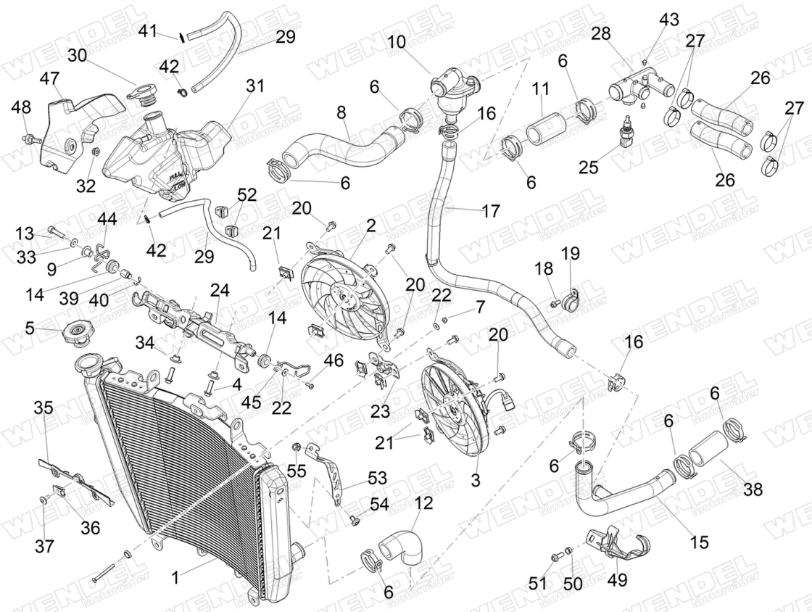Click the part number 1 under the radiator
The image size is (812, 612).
[174, 578]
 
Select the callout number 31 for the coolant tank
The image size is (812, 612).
[254, 86]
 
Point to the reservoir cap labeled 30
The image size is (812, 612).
[141, 93]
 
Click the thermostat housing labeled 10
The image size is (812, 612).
[449, 91]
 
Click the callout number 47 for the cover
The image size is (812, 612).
[49, 79]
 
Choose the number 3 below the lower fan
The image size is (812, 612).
[475, 480]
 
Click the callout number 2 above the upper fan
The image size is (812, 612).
[370, 226]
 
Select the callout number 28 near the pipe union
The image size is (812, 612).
[601, 33]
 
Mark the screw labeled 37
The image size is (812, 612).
[45, 500]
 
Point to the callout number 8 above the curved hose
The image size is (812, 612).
[341, 114]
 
